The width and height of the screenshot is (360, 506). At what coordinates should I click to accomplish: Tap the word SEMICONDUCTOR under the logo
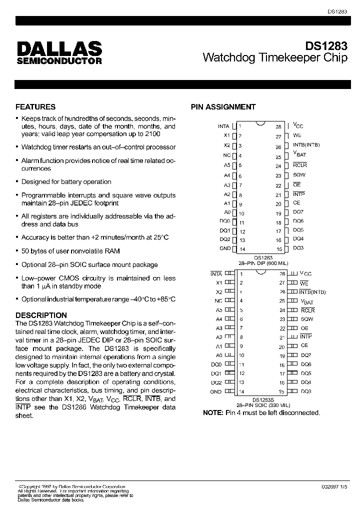tap(59, 61)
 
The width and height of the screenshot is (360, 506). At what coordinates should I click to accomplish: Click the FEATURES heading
tap(35, 106)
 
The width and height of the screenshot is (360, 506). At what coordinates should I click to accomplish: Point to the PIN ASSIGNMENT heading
tap(223, 106)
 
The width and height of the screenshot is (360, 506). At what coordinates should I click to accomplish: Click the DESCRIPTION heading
tap(41, 315)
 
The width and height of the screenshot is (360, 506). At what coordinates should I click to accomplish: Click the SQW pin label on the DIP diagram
tap(299, 175)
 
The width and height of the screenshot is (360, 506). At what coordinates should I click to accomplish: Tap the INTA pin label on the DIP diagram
tap(223, 126)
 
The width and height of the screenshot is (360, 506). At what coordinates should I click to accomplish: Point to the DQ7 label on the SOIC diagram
tap(306, 355)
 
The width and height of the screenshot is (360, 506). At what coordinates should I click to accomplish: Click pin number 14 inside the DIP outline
tap(242, 249)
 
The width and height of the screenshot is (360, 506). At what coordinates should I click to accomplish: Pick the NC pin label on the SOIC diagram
tap(218, 301)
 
